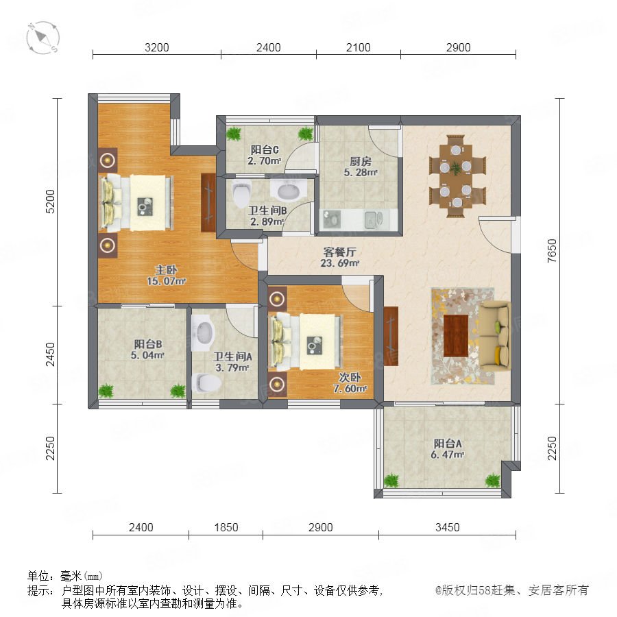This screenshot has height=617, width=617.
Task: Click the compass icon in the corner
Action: pos(43,38)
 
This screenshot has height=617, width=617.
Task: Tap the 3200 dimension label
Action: pos(156,47)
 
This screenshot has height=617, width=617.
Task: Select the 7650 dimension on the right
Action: pos(552,251)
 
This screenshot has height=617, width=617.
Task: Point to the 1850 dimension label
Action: pos(226,527)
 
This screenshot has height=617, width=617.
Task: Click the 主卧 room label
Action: pos(166,270)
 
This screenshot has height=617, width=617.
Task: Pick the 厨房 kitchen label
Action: pos(361,161)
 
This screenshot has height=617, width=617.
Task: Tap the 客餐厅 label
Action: pos(339,252)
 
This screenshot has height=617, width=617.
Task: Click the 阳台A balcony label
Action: pos(448,444)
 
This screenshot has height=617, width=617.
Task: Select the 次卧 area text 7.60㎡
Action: pos(350,389)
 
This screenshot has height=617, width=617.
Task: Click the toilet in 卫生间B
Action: pos(241,193)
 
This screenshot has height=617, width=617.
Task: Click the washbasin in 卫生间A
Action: pos(203,332)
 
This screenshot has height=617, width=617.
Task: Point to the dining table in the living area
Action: pos(456,177)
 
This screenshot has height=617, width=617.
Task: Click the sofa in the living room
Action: pos(495,336)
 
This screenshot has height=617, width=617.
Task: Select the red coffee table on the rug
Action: pos(456,336)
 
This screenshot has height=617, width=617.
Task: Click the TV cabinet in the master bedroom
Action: pos(208,202)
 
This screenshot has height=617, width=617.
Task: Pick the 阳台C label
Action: pos(265,150)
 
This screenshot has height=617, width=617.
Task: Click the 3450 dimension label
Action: pos(448,527)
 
